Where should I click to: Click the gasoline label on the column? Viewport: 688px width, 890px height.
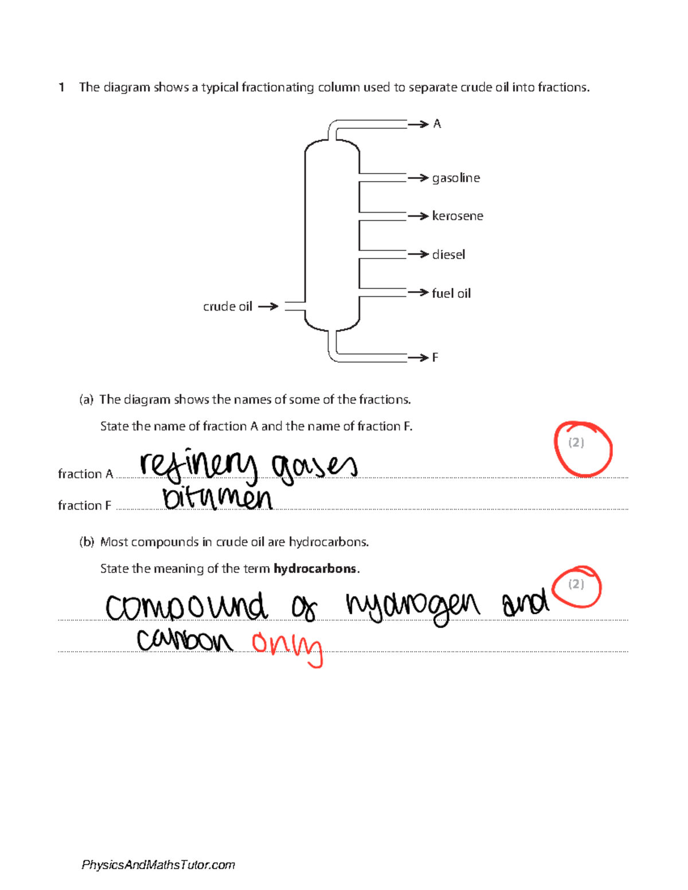(x=456, y=178)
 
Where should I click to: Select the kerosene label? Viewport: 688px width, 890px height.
(x=458, y=216)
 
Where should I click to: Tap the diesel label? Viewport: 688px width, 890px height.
(x=448, y=254)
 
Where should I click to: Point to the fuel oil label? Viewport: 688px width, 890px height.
(x=451, y=293)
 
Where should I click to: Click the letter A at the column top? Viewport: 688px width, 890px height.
(x=437, y=124)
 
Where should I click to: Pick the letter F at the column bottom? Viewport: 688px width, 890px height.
(x=435, y=358)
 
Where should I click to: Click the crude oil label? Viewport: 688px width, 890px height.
(x=228, y=307)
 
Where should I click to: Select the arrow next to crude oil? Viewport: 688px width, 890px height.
(x=268, y=307)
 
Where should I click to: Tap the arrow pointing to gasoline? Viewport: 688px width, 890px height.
(x=419, y=178)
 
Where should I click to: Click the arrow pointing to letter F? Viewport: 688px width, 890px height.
(x=419, y=358)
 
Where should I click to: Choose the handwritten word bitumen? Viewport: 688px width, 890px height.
(x=217, y=499)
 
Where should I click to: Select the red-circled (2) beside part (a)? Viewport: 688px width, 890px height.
(x=577, y=442)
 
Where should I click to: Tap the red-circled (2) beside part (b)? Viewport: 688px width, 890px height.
(x=576, y=584)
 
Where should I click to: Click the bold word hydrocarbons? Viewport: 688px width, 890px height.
(x=315, y=568)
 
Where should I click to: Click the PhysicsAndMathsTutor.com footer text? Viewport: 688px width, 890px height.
(x=158, y=865)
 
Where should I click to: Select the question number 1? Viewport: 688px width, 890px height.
(x=61, y=87)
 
